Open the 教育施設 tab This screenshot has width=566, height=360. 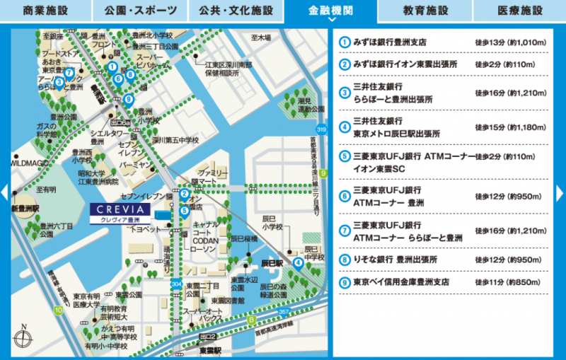[425, 11]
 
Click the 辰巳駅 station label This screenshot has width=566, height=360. [272, 262]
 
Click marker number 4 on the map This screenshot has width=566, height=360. [299, 262]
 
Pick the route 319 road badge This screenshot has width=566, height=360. [322, 130]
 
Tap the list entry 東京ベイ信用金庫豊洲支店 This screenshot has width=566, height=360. [401, 281]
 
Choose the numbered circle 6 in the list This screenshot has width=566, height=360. [345, 195]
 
